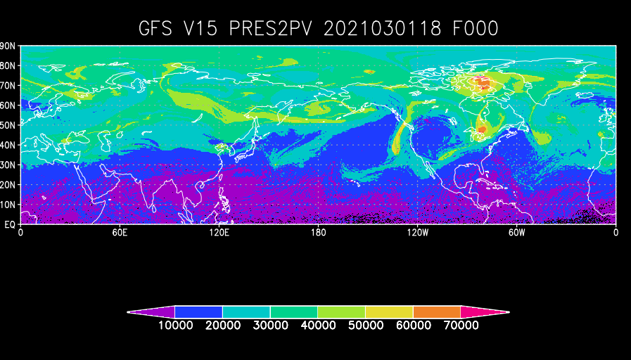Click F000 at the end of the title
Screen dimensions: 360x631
(476, 29)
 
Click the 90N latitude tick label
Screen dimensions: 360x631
(8, 46)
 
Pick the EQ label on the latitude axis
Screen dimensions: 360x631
(11, 224)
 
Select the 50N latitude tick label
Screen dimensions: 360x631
(8, 125)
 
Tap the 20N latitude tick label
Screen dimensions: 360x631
(8, 185)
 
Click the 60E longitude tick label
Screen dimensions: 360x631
(119, 233)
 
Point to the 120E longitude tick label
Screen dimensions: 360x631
(219, 233)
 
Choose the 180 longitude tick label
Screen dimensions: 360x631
(318, 233)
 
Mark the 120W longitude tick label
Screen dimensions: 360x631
(417, 233)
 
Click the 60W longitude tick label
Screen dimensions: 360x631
(517, 233)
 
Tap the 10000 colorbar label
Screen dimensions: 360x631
(174, 325)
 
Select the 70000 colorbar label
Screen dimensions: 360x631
(461, 325)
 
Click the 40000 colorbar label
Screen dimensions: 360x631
(318, 325)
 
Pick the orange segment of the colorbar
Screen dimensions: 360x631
(437, 311)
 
